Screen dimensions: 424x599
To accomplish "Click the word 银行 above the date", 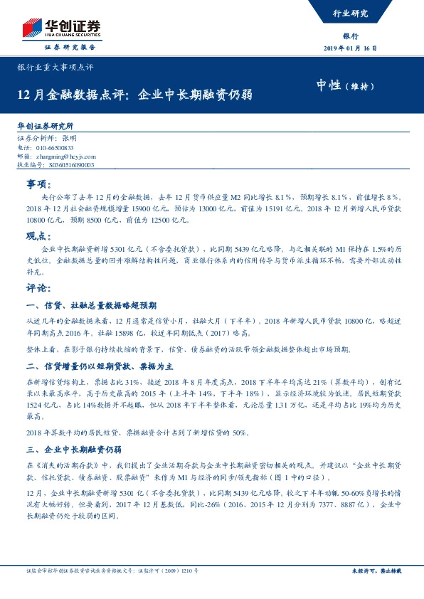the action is (x=350, y=36).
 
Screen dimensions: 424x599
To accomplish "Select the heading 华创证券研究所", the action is (x=45, y=126).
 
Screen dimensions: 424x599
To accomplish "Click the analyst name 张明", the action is (x=69, y=137).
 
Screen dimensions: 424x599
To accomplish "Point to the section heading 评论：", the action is (x=38, y=288).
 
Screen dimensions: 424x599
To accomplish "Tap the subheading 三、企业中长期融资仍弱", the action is (x=74, y=450).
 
